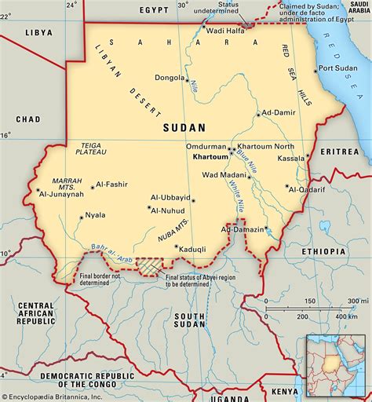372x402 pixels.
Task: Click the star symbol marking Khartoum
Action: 232,149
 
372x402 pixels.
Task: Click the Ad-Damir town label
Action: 279,114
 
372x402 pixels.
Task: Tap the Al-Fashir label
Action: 113,186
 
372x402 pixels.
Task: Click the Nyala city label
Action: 94,214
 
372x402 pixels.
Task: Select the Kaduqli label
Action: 192,249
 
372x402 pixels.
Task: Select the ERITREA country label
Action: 342,151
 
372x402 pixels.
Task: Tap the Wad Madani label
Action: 223,175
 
